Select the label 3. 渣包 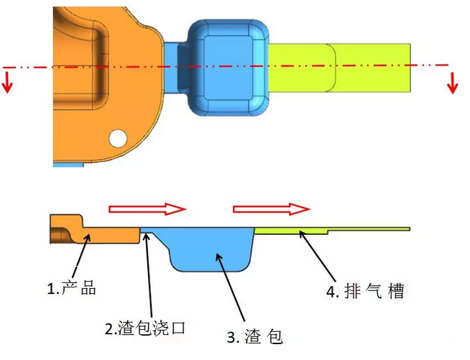pyautogui.click(x=255, y=336)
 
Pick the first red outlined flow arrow pyautogui.click(x=147, y=209)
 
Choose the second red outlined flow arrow pyautogui.click(x=271, y=209)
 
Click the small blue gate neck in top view pyautogui.click(x=175, y=65)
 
